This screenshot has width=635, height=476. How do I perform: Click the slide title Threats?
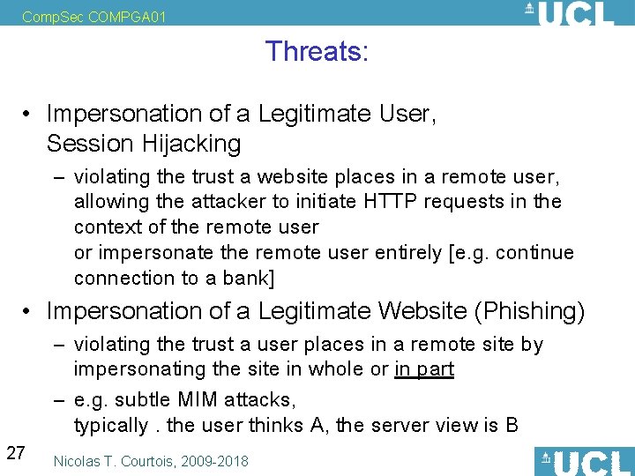[317, 51]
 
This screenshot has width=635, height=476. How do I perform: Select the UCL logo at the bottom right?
[583, 461]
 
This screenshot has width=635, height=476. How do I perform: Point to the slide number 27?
[15, 453]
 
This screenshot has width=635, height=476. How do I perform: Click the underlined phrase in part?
[424, 368]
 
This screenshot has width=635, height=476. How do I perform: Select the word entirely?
[407, 252]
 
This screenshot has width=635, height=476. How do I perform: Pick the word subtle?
[138, 400]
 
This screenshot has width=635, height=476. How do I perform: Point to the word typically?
[111, 426]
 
